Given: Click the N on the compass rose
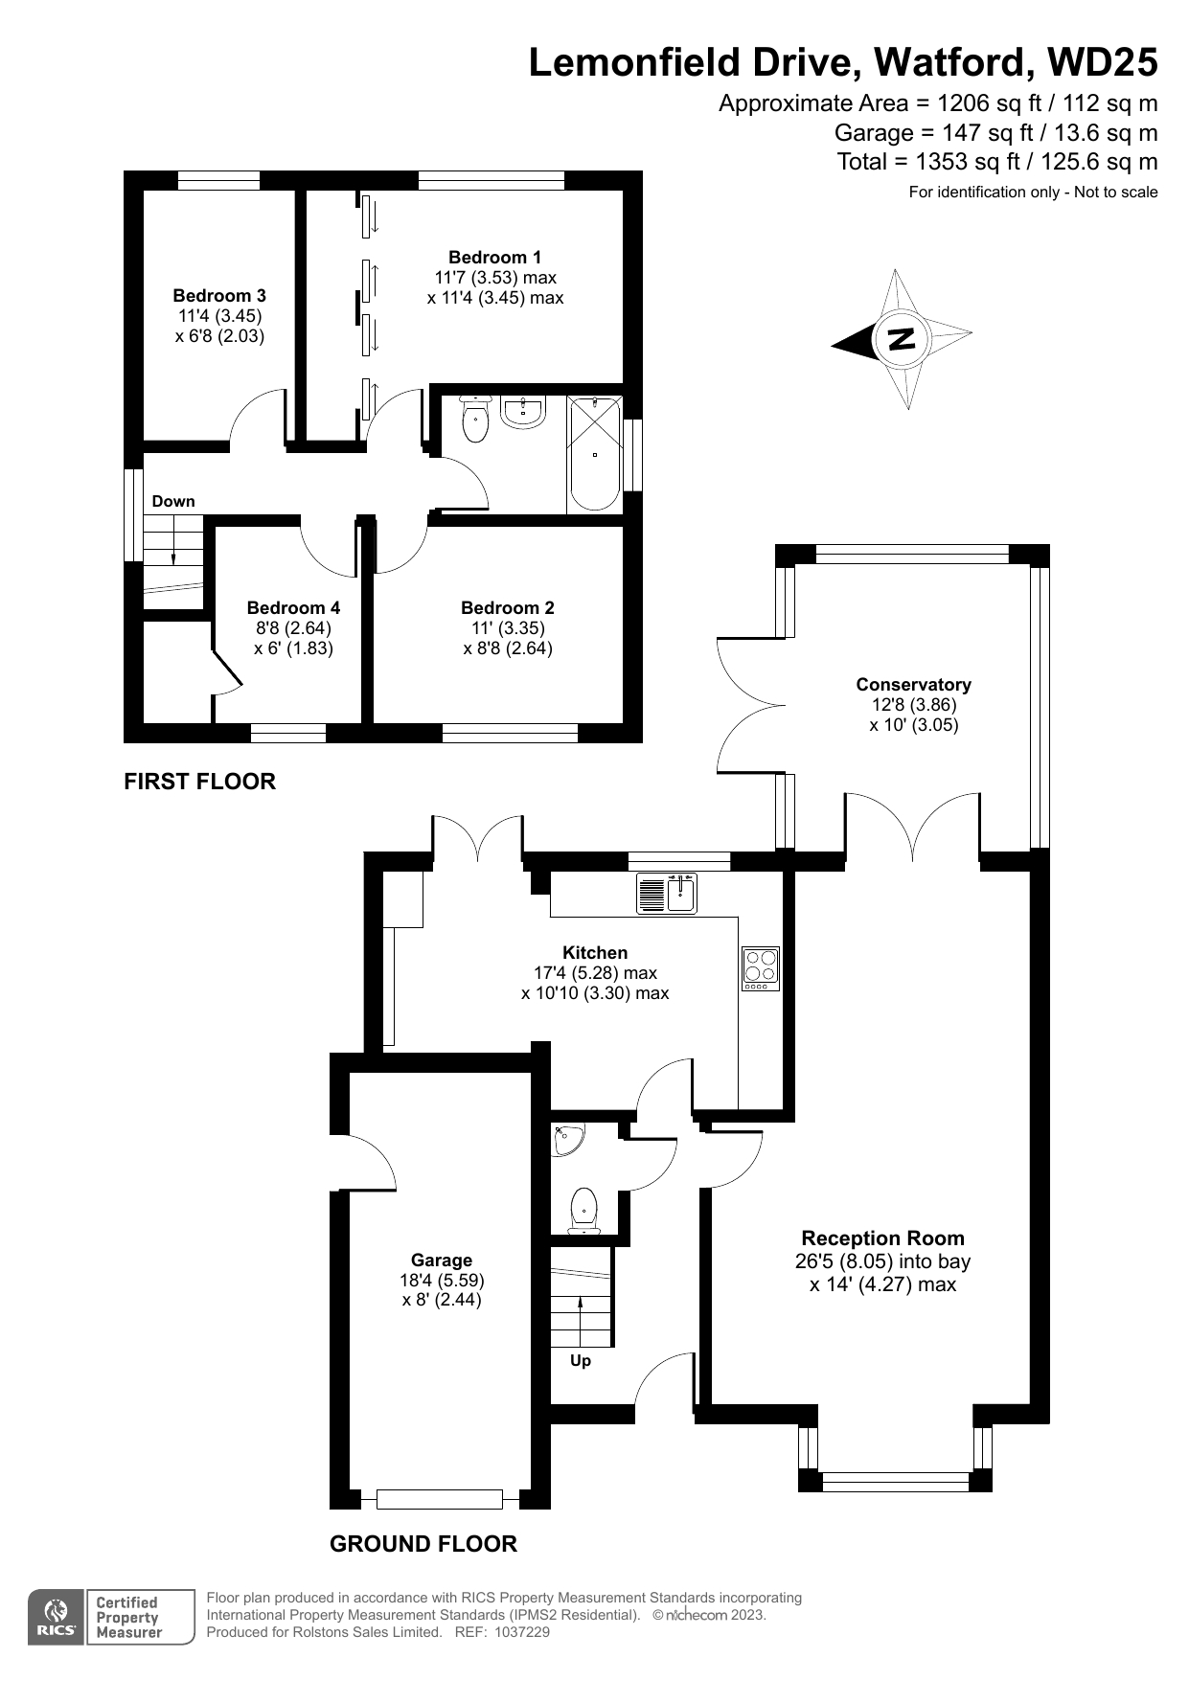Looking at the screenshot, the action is coord(901,339).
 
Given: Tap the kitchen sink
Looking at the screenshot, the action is coord(668,893).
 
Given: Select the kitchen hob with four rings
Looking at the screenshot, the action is coord(761,968).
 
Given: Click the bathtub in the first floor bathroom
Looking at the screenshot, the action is coord(594,454).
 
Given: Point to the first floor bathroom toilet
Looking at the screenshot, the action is coord(475,418).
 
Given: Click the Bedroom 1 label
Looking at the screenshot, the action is coord(494,257).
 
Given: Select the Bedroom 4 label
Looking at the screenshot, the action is coord(293,607).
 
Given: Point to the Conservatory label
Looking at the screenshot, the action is coord(913,684).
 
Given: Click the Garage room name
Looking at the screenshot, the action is coord(442,1260).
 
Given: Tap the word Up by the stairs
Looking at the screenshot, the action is coord(581,1360).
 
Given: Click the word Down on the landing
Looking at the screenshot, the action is coord(173,501).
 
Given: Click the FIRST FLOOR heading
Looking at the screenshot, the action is coord(200,782).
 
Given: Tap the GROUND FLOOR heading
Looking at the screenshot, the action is coord(423,1543).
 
